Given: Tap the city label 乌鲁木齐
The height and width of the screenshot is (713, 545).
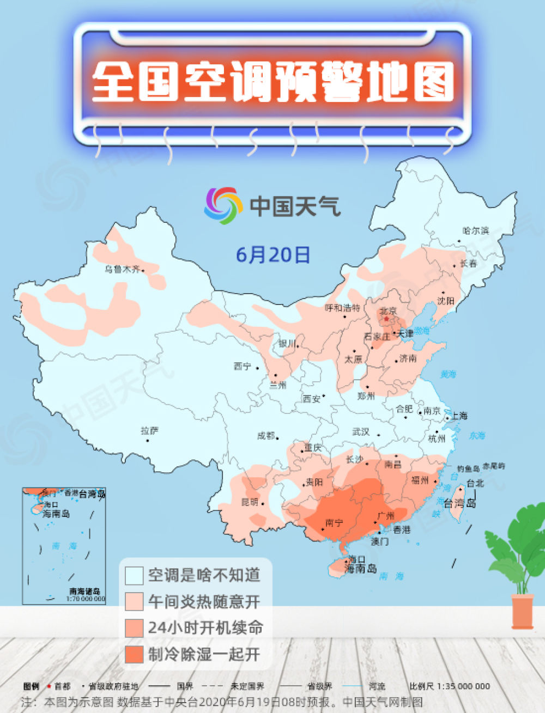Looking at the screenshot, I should tap(123, 269).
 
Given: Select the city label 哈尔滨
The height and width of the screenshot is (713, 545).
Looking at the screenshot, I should tap(476, 230).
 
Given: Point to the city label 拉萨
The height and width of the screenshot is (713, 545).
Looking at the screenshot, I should tap(149, 431).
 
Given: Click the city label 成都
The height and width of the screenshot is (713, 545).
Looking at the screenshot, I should tap(266, 436).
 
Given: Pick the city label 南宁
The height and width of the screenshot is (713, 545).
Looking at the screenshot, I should tap(334, 523).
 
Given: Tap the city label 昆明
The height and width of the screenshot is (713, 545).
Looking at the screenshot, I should tap(250, 502).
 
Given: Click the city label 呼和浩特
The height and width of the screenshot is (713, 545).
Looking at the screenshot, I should tap(342, 308).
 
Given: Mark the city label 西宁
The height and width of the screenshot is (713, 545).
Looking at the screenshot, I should tap(243, 367).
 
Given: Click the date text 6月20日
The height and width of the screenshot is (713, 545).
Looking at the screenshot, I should tap(273, 254).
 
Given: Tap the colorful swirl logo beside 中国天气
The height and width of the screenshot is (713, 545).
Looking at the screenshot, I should tap(223, 205).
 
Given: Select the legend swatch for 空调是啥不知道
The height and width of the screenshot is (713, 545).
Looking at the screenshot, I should tap(134, 576).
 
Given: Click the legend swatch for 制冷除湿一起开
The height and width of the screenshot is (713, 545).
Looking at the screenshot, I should tap(134, 654).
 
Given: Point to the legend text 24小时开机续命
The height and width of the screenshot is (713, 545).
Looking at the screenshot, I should tap(205, 627).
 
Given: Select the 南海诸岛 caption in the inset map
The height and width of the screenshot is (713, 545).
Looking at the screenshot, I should tap(84, 591).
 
